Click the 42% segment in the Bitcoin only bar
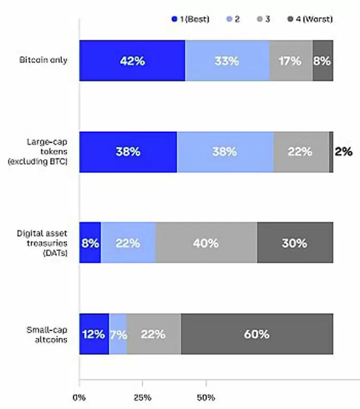(x=132, y=60)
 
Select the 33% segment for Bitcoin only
(x=227, y=60)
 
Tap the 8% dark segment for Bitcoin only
(x=323, y=60)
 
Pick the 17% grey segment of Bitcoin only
(x=291, y=60)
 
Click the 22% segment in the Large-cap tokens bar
(x=301, y=152)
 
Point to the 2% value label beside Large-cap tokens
(x=344, y=152)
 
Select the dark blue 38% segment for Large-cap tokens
(x=128, y=152)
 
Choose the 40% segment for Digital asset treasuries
(x=206, y=243)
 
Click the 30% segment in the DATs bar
(x=295, y=243)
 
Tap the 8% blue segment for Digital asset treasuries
(x=90, y=243)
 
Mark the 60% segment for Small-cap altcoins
(x=257, y=334)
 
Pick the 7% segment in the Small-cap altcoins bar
(x=118, y=334)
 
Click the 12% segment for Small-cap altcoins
(x=94, y=334)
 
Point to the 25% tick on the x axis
(x=143, y=398)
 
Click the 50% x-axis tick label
(x=206, y=398)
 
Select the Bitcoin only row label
(x=43, y=60)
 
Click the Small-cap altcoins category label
(x=47, y=334)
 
